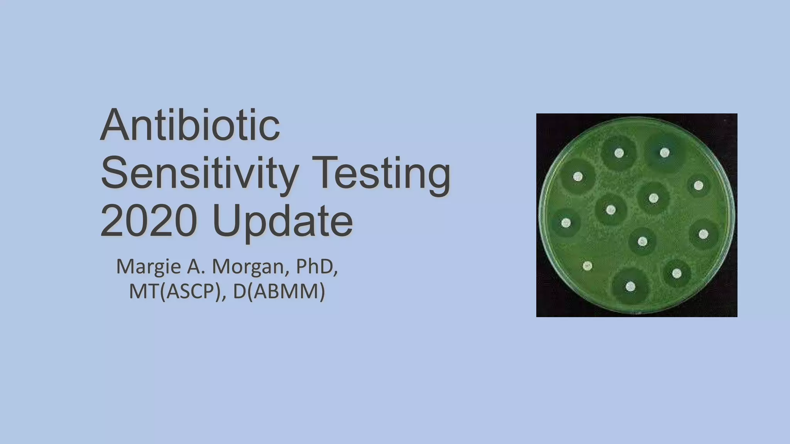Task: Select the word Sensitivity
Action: [199, 173]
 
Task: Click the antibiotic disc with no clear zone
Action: [587, 266]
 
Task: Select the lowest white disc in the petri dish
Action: [630, 286]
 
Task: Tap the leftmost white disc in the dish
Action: [566, 223]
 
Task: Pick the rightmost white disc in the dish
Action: [703, 234]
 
